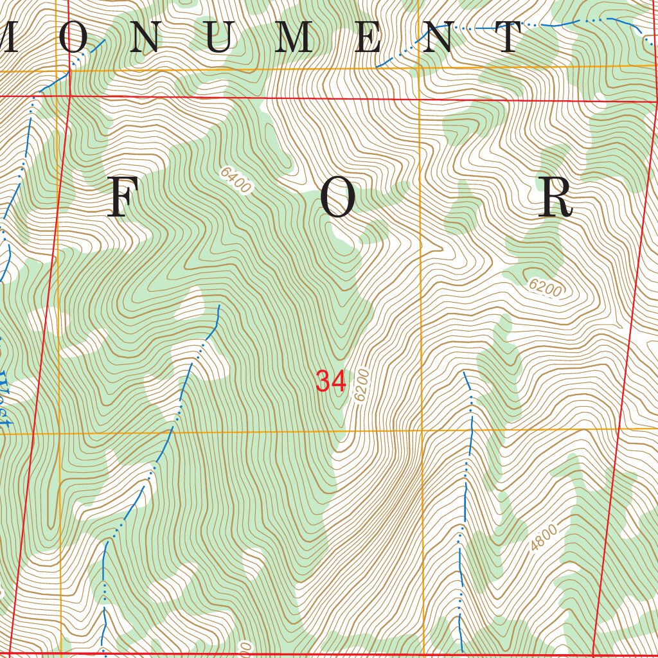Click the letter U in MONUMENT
click(x=219, y=38)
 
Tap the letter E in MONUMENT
click(x=368, y=38)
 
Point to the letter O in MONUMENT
click(x=73, y=38)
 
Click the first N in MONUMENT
click(x=147, y=38)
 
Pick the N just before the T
click(x=441, y=38)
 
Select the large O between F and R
click(x=338, y=198)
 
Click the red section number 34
click(x=331, y=382)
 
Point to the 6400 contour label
click(x=235, y=180)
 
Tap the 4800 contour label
click(x=544, y=538)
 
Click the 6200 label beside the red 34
click(x=362, y=385)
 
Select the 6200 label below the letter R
click(x=545, y=287)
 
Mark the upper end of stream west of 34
click(x=218, y=306)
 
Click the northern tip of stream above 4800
click(x=465, y=372)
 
